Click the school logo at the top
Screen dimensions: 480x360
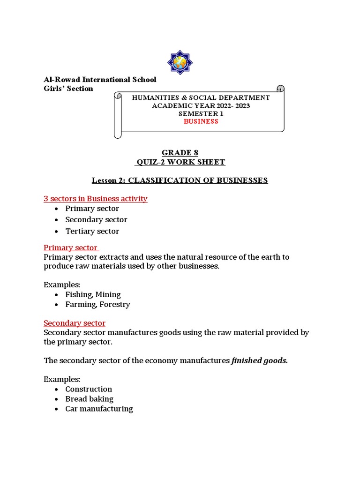pyautogui.click(x=180, y=62)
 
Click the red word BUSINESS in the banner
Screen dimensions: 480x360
pyautogui.click(x=201, y=121)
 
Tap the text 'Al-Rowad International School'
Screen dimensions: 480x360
pyautogui.click(x=100, y=80)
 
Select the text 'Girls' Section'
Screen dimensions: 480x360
pyautogui.click(x=68, y=89)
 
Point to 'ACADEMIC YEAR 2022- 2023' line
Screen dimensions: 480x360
pyautogui.click(x=201, y=105)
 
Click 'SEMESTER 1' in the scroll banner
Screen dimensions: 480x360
pyautogui.click(x=201, y=113)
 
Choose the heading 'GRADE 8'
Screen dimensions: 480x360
pyautogui.click(x=180, y=153)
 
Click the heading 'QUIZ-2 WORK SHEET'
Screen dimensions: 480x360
pyautogui.click(x=180, y=162)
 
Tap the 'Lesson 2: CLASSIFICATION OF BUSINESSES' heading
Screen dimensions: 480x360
pyautogui.click(x=180, y=180)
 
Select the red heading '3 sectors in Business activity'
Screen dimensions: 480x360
pyautogui.click(x=96, y=199)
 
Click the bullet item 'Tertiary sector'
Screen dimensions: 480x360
pyautogui.click(x=92, y=231)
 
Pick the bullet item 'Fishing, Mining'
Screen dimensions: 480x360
pyautogui.click(x=93, y=294)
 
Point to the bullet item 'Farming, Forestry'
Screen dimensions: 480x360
pyautogui.click(x=97, y=304)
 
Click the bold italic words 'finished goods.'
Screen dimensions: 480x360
pyautogui.click(x=260, y=360)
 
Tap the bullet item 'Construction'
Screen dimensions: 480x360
pyautogui.click(x=89, y=389)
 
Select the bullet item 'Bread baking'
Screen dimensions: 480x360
pyautogui.click(x=89, y=399)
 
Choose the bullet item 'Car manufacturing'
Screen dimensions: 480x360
pyautogui.click(x=99, y=409)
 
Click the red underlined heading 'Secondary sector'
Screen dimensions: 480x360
pyautogui.click(x=75, y=323)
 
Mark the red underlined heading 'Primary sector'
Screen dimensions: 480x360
pyautogui.click(x=71, y=247)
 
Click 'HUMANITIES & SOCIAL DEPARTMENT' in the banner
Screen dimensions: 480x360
pyautogui.click(x=201, y=97)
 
